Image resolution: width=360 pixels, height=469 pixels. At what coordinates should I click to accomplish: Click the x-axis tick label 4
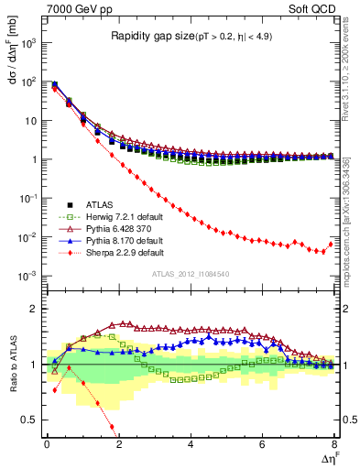click(191, 443)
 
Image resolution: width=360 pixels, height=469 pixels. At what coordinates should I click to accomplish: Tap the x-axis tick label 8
click(334, 443)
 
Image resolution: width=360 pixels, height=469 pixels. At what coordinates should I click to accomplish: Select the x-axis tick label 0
click(47, 443)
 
